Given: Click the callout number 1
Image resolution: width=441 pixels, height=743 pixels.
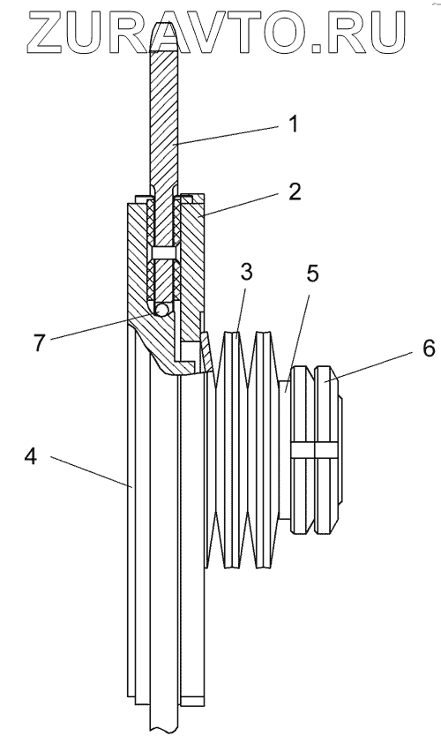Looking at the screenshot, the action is click(294, 124).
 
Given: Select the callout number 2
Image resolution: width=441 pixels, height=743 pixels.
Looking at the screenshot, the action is click(295, 191).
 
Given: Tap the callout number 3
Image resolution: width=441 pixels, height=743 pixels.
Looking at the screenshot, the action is click(246, 273).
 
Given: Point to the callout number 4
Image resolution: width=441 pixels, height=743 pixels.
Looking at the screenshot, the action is click(30, 457).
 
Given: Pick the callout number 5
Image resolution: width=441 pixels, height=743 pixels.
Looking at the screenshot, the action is click(312, 274).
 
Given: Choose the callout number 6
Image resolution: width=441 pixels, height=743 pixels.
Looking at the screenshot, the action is click(428, 349).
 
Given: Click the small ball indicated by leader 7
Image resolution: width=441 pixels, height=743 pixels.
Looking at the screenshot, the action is click(162, 310).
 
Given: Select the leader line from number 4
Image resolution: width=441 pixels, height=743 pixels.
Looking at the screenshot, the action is click(91, 471).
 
